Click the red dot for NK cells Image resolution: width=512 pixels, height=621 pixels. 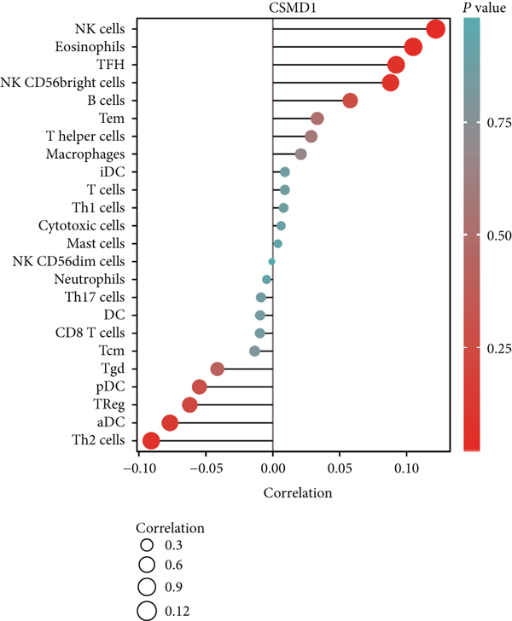click(435, 29)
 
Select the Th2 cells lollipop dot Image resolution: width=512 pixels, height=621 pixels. click(151, 440)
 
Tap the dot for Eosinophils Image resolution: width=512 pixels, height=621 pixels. click(413, 47)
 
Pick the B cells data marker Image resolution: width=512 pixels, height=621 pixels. click(350, 101)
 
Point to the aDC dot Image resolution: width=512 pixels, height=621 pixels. click(170, 422)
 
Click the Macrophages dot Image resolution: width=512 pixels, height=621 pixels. click(300, 154)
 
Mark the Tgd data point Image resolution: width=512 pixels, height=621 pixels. click(217, 369)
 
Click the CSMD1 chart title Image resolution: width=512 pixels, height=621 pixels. click(272, 9)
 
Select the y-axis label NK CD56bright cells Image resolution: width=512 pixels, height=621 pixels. click(77, 83)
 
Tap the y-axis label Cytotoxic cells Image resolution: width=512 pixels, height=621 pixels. click(82, 225)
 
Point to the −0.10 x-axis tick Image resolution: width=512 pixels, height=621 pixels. click(137, 468)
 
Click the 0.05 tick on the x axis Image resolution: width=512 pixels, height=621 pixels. click(340, 468)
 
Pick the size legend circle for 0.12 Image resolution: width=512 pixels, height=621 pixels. click(148, 609)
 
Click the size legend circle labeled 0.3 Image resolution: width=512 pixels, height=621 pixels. click(148, 545)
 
